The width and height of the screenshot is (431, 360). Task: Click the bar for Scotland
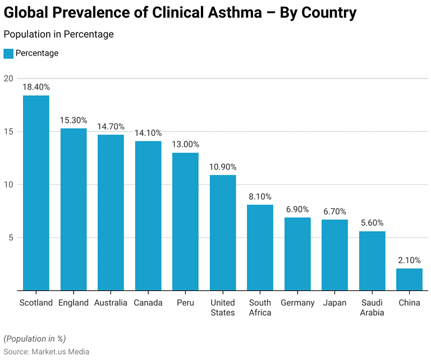(36, 193)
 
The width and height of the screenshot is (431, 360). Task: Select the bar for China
(409, 279)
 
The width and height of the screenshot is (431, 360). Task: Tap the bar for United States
(223, 233)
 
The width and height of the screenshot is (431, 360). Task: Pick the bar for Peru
(185, 221)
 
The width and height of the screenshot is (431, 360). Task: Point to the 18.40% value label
(36, 87)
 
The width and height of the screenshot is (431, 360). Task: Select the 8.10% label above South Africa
(260, 196)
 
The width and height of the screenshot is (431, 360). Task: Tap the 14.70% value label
(111, 126)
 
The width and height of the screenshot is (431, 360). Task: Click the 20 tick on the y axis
(8, 79)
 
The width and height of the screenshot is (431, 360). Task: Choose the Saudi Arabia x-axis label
(372, 307)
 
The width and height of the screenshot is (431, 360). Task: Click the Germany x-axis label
(297, 303)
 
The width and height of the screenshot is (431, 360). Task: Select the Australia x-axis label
(111, 303)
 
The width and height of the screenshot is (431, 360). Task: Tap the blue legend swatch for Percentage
(8, 53)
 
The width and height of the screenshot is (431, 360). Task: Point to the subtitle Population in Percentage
(58, 34)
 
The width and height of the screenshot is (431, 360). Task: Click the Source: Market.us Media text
(46, 352)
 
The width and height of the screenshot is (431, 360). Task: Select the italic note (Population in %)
(35, 339)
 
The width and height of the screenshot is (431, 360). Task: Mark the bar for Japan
(334, 255)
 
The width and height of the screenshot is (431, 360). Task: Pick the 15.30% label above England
(74, 120)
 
